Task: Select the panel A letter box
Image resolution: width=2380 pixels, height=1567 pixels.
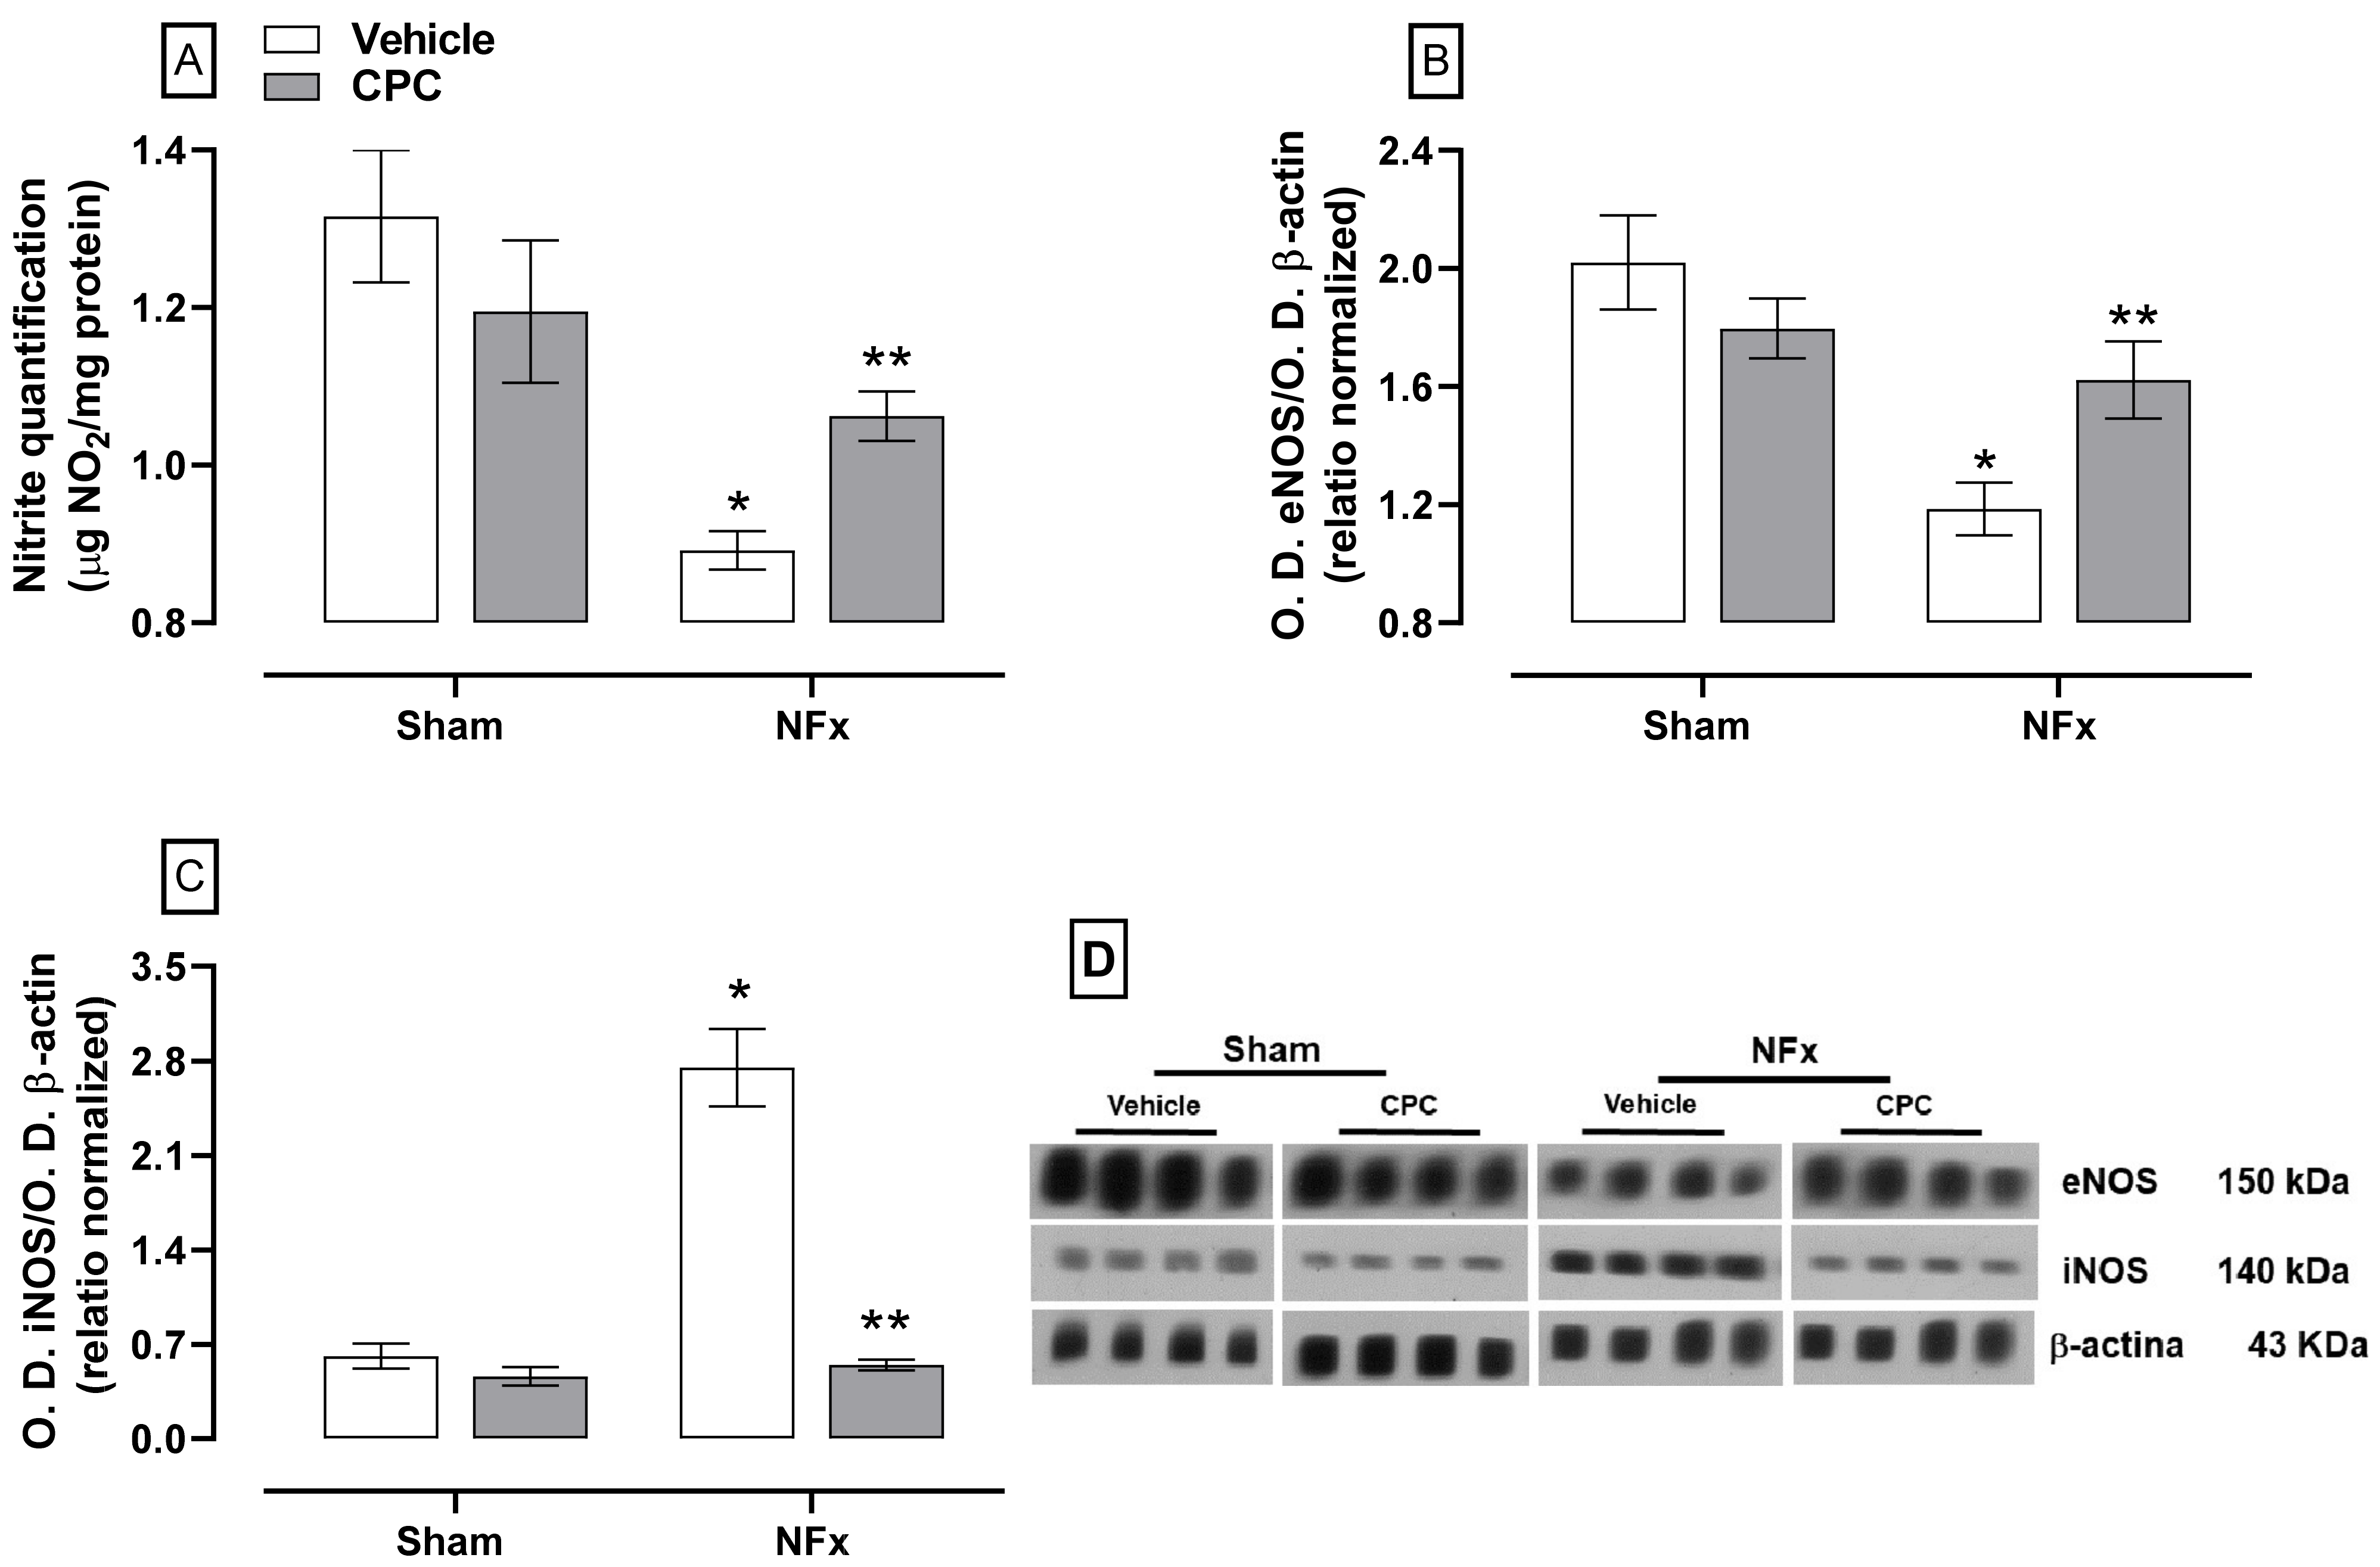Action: tap(189, 62)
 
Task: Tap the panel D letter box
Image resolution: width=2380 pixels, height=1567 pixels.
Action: tap(1098, 960)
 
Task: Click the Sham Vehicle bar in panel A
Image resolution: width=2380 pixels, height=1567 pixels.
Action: tap(381, 420)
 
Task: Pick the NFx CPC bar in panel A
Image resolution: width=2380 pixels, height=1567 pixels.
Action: tap(886, 520)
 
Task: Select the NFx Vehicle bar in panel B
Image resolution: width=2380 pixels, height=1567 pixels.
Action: tap(1983, 566)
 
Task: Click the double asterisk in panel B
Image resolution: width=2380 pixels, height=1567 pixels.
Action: tap(2133, 319)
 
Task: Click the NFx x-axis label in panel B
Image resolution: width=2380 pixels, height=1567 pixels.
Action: tap(2058, 726)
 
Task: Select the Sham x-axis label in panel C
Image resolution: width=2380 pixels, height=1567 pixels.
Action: tap(449, 1541)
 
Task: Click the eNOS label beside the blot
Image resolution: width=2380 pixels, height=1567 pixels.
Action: tap(2110, 1182)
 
